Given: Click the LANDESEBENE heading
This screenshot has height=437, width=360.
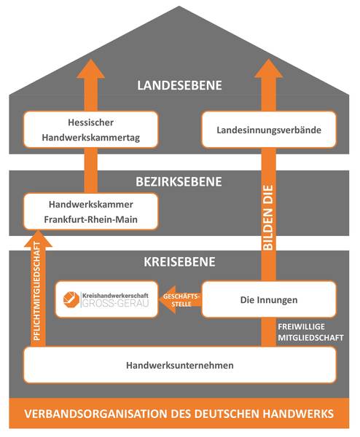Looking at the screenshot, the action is click(179, 85).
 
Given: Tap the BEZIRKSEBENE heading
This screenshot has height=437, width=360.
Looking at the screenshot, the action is click(179, 181).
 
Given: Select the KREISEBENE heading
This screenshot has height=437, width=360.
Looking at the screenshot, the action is click(179, 261).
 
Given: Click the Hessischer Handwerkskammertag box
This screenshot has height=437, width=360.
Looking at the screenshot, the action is click(90, 130).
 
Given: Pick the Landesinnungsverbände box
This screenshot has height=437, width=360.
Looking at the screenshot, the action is click(269, 130).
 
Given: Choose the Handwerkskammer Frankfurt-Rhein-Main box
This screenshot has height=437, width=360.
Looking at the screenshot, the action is click(90, 211).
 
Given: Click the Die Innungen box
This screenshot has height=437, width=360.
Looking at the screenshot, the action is click(269, 299).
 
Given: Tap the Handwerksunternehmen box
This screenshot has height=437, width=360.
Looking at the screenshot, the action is click(180, 365).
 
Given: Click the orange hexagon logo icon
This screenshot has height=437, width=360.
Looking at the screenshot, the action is click(71, 299).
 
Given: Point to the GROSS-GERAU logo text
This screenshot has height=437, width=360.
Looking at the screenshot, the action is click(116, 303).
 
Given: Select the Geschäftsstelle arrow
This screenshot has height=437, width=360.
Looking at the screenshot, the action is click(180, 299).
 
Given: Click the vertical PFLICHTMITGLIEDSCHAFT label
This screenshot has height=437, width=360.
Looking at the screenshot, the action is click(37, 291).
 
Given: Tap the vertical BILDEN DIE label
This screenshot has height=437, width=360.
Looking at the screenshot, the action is click(268, 218).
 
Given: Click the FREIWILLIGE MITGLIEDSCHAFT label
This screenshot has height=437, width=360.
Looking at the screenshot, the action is click(310, 332).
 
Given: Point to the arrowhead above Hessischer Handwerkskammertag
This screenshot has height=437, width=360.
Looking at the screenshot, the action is click(90, 68).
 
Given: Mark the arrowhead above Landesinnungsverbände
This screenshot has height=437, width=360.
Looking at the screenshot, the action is click(268, 68).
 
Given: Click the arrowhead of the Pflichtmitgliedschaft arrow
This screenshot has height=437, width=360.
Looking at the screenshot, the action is click(38, 238).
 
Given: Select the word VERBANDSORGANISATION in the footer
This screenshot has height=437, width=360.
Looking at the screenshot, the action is click(96, 414).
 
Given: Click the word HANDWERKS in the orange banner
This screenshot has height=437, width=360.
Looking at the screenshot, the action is click(298, 414).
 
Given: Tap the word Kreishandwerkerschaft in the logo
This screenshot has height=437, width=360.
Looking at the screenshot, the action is click(115, 296).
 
